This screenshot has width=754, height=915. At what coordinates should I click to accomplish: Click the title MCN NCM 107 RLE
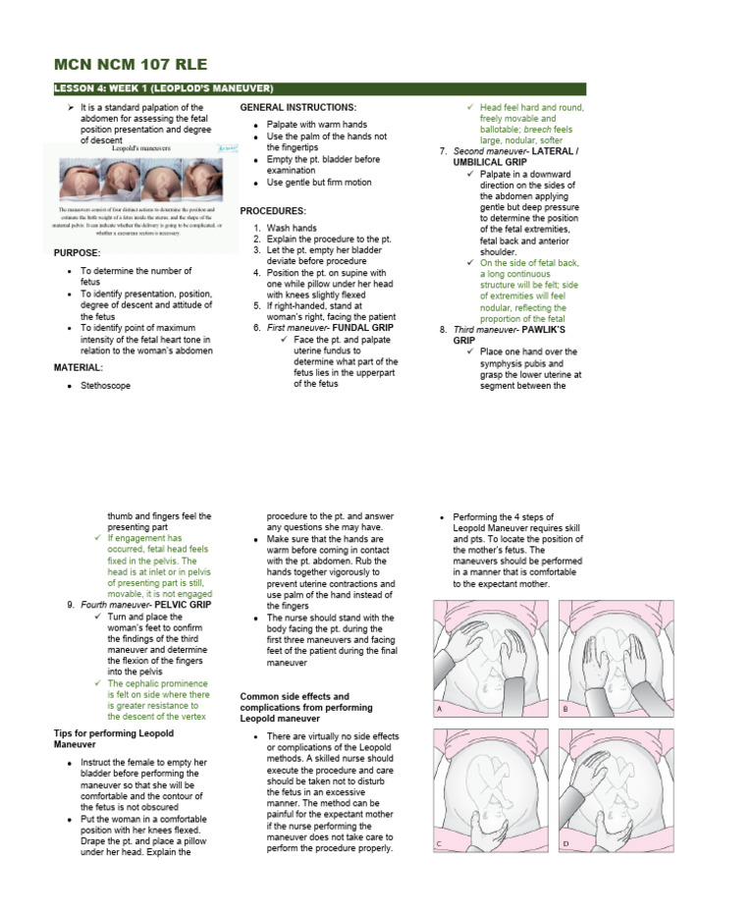(x=130, y=65)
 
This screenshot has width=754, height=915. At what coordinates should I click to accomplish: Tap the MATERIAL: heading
(x=79, y=366)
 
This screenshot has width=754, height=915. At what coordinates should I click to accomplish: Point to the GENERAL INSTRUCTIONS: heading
(x=297, y=106)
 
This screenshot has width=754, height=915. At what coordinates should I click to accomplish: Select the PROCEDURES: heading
(x=273, y=211)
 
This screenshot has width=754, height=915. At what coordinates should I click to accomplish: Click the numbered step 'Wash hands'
(x=292, y=228)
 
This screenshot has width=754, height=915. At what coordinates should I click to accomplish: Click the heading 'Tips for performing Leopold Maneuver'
(x=113, y=738)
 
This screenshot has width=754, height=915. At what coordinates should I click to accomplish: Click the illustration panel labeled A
(x=490, y=658)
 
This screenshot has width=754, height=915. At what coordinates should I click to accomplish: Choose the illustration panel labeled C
(x=490, y=789)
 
